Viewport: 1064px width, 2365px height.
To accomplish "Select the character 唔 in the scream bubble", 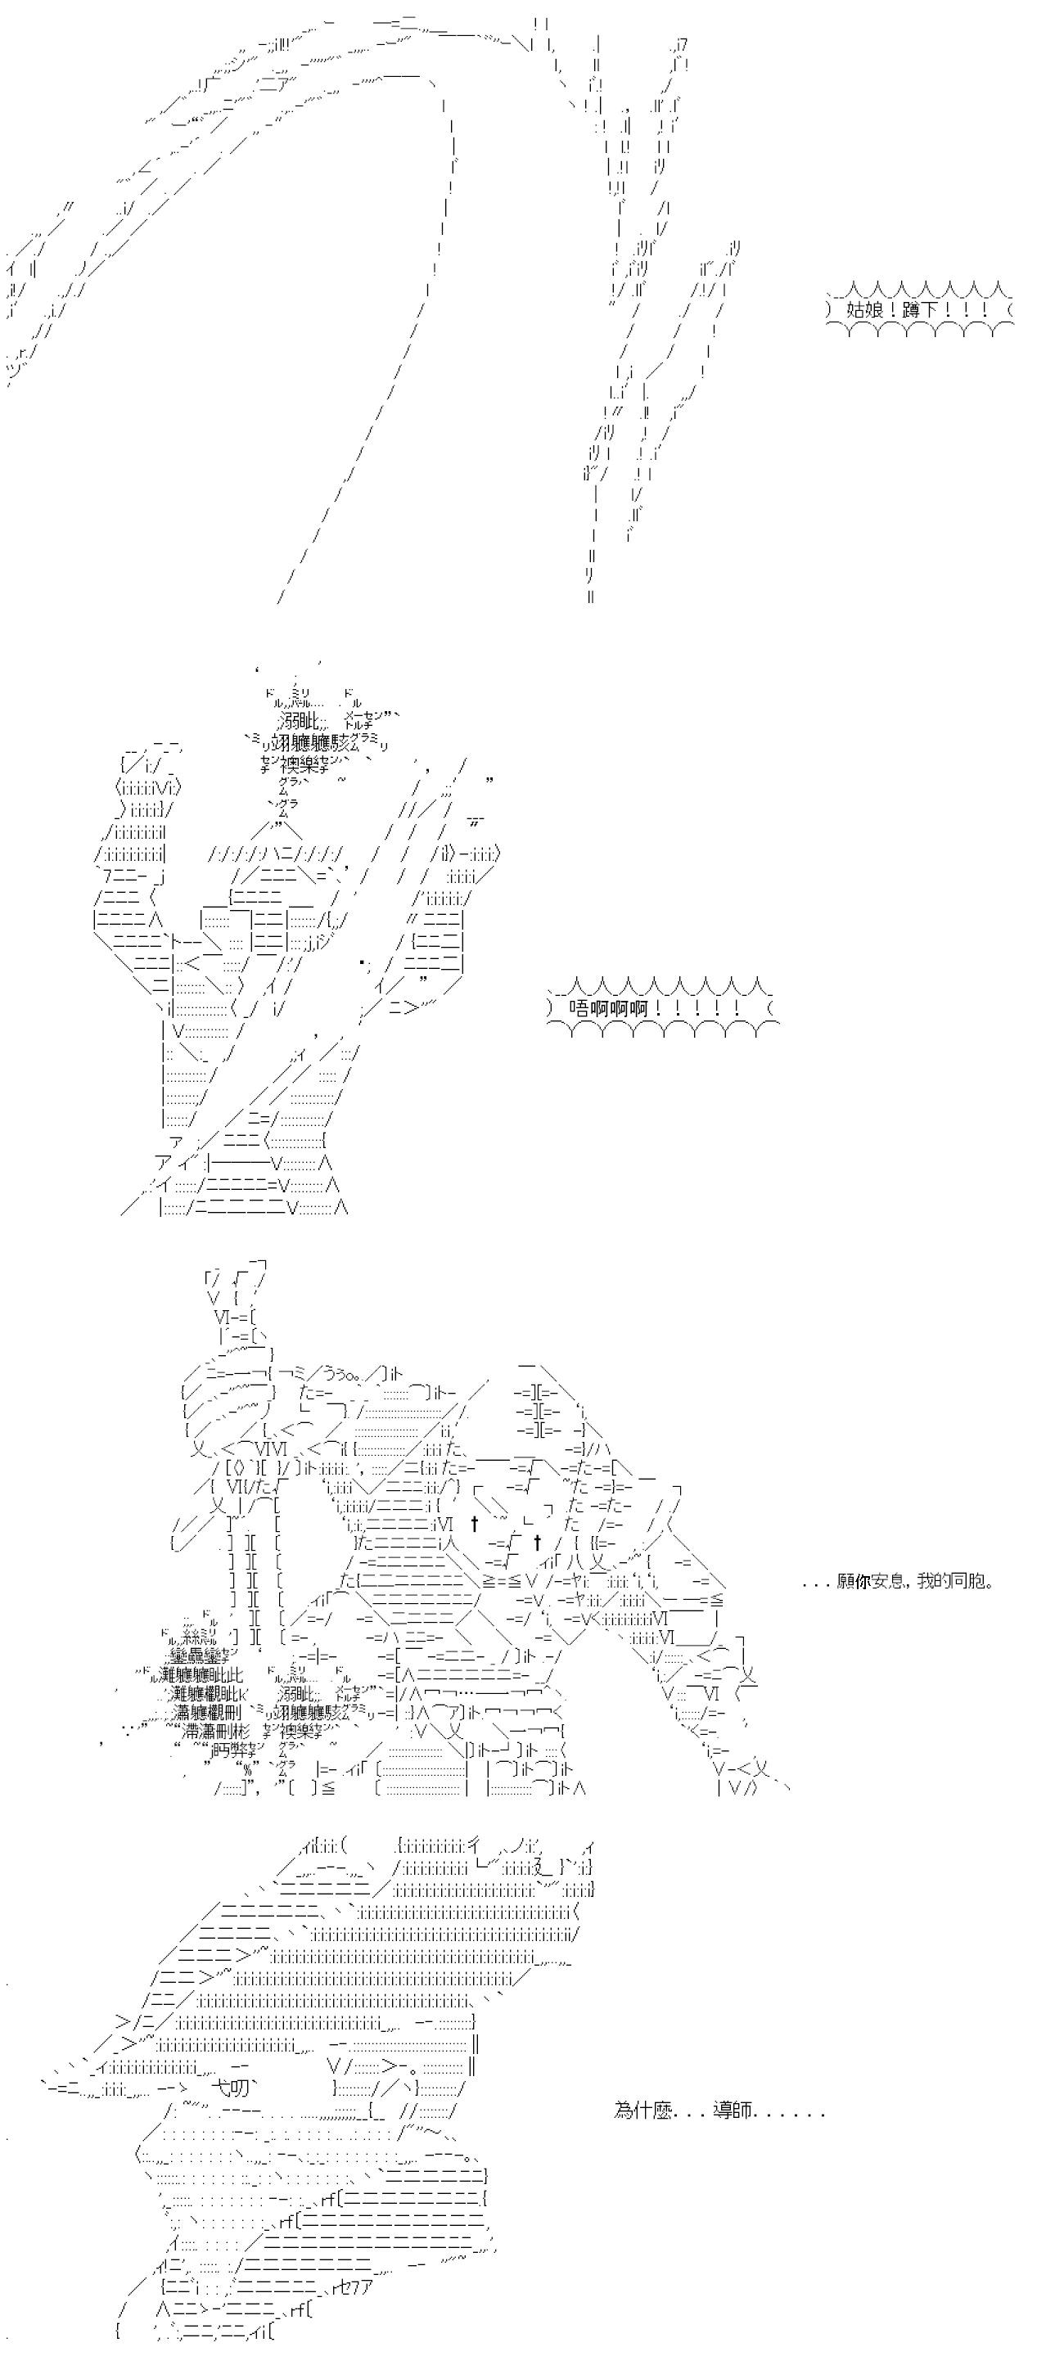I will (579, 1008).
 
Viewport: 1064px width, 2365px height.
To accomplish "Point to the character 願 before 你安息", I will (845, 1582).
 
